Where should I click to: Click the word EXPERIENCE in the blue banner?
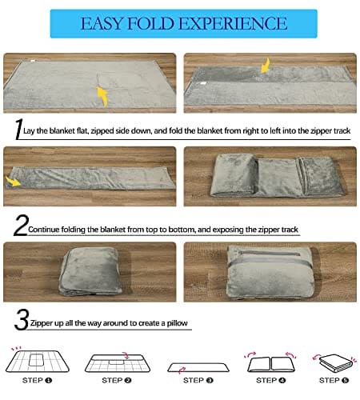(233, 23)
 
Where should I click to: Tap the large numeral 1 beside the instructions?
(18, 129)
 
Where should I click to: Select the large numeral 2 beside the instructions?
(21, 225)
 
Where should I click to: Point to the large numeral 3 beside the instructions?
(22, 319)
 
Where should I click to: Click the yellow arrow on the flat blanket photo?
(102, 96)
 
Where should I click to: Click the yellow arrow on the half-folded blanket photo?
(265, 66)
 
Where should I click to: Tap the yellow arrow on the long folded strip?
(14, 182)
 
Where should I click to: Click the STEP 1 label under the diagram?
(37, 380)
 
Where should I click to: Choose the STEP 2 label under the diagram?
(117, 380)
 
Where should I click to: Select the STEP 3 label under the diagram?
(198, 380)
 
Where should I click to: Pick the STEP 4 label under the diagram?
(270, 380)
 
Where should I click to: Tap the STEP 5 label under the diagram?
(334, 380)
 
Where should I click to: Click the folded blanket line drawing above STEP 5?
(336, 363)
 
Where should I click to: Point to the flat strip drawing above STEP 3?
(198, 367)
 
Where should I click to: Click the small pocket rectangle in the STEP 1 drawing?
(37, 360)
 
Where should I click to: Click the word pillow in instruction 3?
(178, 323)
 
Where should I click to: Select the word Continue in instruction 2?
(43, 230)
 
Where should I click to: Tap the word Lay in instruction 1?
(29, 131)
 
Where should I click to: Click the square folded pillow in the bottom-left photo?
(90, 271)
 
